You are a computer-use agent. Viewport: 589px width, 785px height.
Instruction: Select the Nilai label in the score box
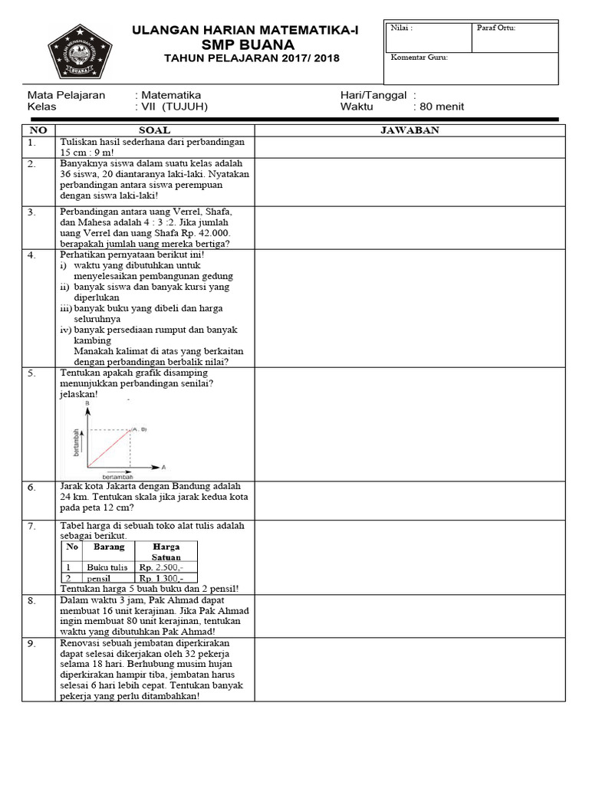(401, 28)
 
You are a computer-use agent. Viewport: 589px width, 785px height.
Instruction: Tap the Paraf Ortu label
(496, 28)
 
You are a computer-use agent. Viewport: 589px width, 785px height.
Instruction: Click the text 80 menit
(439, 107)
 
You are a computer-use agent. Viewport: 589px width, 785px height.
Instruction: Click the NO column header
(38, 130)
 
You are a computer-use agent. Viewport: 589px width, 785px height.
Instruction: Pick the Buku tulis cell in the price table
(101, 567)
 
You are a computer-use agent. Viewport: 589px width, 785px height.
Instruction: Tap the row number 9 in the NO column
(32, 644)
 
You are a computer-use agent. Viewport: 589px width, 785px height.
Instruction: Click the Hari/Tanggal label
(372, 95)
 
